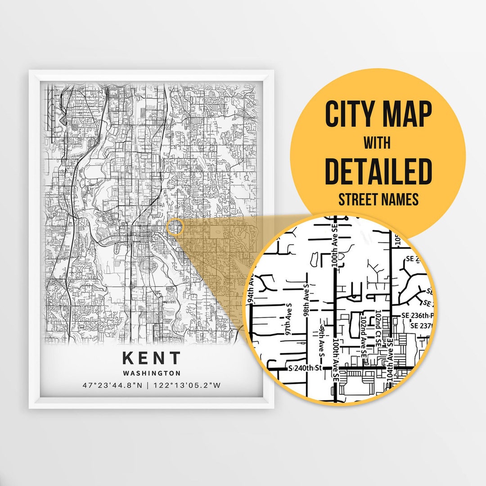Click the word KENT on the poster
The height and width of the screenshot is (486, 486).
coord(151,358)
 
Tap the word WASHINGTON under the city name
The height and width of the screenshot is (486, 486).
coord(151,373)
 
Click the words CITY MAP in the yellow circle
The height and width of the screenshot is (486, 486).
coord(378,115)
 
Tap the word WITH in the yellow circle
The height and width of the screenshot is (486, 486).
coord(378,144)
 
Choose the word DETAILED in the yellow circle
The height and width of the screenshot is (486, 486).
coord(378,171)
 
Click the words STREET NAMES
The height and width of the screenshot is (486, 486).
coord(378,199)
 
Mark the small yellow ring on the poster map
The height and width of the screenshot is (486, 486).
coord(175,227)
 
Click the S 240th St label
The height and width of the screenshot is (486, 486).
coord(306,368)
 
